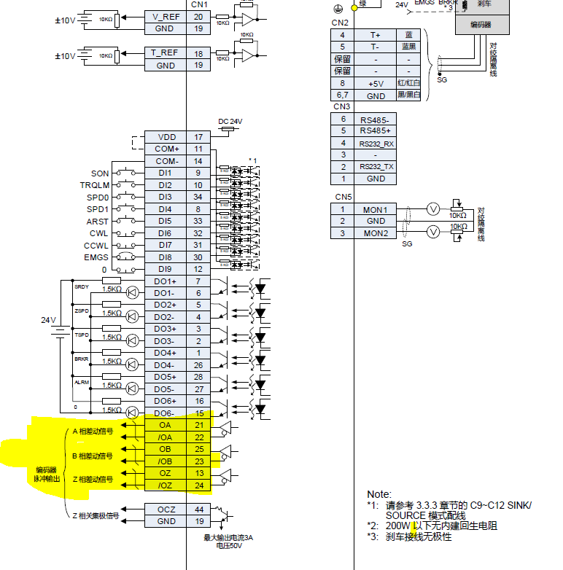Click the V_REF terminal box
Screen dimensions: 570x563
(165, 16)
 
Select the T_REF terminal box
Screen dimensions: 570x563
(165, 53)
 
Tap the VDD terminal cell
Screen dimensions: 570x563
(166, 137)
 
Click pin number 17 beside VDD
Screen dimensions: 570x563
(198, 137)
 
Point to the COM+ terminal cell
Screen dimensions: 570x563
(166, 149)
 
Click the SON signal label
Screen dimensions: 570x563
(100, 173)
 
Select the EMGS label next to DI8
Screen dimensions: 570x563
(96, 257)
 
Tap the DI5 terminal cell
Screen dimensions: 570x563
(165, 221)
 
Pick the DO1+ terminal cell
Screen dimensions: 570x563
(165, 281)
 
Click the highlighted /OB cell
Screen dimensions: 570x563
(165, 461)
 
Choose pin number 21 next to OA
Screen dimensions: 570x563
(199, 425)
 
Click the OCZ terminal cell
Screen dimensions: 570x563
(166, 509)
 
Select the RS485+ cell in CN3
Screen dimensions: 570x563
(376, 131)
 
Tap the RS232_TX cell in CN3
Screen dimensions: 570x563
(376, 167)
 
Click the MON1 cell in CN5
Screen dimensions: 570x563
(375, 210)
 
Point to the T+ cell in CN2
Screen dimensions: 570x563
(376, 35)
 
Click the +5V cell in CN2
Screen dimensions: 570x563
(376, 83)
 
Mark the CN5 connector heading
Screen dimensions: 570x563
(343, 198)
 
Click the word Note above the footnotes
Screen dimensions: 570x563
(378, 494)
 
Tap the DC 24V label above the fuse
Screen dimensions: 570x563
(230, 121)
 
